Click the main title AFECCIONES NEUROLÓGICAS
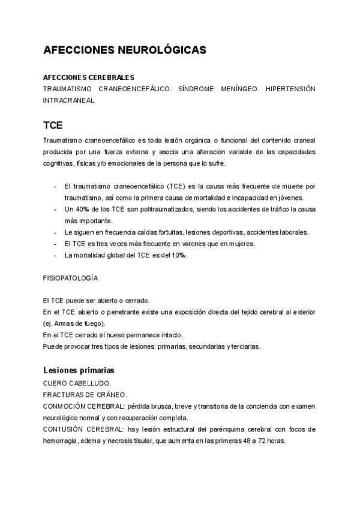[x=125, y=50]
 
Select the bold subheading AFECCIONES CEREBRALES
[x=89, y=77]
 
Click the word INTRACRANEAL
[x=69, y=100]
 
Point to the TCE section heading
[x=53, y=126]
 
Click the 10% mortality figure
[x=178, y=255]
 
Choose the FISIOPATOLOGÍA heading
[x=71, y=279]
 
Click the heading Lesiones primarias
[x=79, y=370]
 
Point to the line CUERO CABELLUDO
[x=77, y=383]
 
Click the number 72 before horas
[x=263, y=441]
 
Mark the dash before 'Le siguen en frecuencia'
[x=55, y=232]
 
